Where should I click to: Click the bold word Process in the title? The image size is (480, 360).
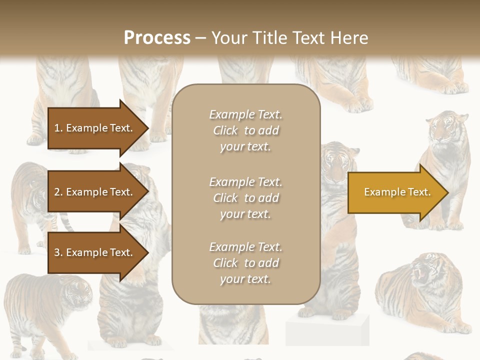click(157, 38)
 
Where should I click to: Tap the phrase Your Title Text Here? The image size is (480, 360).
click(289, 38)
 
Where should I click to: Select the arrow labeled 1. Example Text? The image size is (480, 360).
click(95, 128)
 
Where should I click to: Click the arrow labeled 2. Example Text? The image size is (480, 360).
click(95, 192)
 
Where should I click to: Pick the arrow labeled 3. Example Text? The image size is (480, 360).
click(95, 252)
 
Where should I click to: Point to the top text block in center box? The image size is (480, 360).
click(245, 130)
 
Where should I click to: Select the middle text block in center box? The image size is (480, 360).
click(245, 198)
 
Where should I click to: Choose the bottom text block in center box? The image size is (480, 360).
click(245, 263)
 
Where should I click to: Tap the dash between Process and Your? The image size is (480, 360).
click(200, 38)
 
